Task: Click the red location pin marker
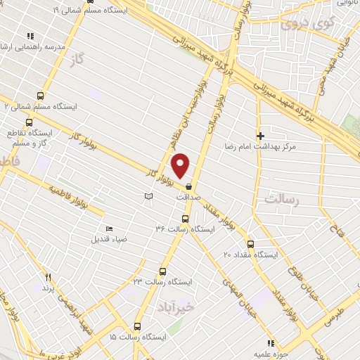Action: pyautogui.click(x=181, y=165)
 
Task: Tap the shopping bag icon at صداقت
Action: pyautogui.click(x=189, y=186)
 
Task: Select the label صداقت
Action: pyautogui.click(x=188, y=198)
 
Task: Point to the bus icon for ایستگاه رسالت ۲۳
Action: pyautogui.click(x=163, y=271)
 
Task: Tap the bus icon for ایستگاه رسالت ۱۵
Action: pyautogui.click(x=136, y=326)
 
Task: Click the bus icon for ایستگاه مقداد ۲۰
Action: pyautogui.click(x=251, y=243)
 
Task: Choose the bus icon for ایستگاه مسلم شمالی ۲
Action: pyautogui.click(x=40, y=96)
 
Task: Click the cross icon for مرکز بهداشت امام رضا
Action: pyautogui.click(x=260, y=135)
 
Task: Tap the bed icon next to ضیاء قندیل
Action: pyautogui.click(x=108, y=229)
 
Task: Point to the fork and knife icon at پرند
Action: pyautogui.click(x=48, y=277)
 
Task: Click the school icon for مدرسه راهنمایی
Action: pyautogui.click(x=30, y=35)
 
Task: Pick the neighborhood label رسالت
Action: pyautogui.click(x=282, y=200)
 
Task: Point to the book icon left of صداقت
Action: pyautogui.click(x=148, y=196)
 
